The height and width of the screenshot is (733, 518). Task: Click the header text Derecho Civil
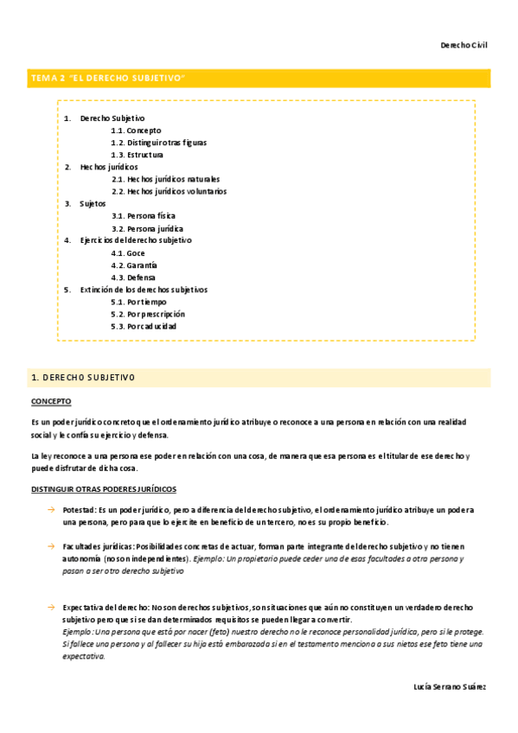464,45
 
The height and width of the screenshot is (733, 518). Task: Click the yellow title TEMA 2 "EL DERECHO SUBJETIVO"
109,79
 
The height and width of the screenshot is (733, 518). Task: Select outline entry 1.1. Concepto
136,131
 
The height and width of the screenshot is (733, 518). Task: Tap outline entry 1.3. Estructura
137,155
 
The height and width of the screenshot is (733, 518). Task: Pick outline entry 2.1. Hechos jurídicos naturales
166,179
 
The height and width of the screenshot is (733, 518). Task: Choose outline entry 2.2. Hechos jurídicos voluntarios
169,191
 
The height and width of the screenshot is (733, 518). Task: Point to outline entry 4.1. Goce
129,253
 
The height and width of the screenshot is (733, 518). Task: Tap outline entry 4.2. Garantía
134,265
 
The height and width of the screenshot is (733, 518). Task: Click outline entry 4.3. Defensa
133,277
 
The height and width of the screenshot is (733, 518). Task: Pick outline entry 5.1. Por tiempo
137,303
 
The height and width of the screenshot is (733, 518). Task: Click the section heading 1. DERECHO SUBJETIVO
83,379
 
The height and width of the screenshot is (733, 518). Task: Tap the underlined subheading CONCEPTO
51,402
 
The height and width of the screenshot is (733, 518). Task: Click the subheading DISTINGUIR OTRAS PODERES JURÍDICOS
104,489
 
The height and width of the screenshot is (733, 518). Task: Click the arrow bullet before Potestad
52,511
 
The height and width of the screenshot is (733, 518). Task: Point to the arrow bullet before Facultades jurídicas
52,547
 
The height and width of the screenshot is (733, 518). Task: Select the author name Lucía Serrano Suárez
450,686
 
